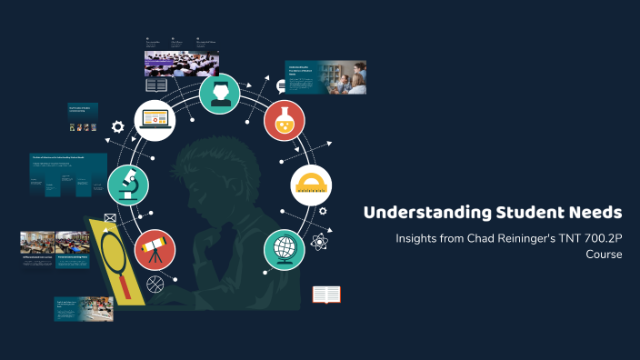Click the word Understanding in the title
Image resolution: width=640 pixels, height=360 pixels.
coord(416,213)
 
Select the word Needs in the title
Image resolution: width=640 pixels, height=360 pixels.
coord(595,213)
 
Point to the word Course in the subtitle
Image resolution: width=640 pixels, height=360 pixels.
coord(604,255)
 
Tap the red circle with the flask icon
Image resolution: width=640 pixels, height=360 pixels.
coord(284,120)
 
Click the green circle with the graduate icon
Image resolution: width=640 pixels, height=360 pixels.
coord(220,93)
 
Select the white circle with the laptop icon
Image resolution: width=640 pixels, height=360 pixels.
coord(155,119)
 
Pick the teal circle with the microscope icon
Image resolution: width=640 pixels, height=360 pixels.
coord(127,185)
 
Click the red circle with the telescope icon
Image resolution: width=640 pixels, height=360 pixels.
coord(155,248)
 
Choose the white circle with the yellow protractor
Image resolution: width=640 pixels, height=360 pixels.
coord(311,185)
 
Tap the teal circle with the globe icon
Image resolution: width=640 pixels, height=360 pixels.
coord(284,248)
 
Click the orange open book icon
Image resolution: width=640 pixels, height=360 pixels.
coord(326,295)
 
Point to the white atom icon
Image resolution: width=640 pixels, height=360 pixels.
coord(318,242)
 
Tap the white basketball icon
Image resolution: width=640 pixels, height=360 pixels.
coord(154,285)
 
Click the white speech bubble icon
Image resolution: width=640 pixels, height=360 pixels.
coord(281,85)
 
